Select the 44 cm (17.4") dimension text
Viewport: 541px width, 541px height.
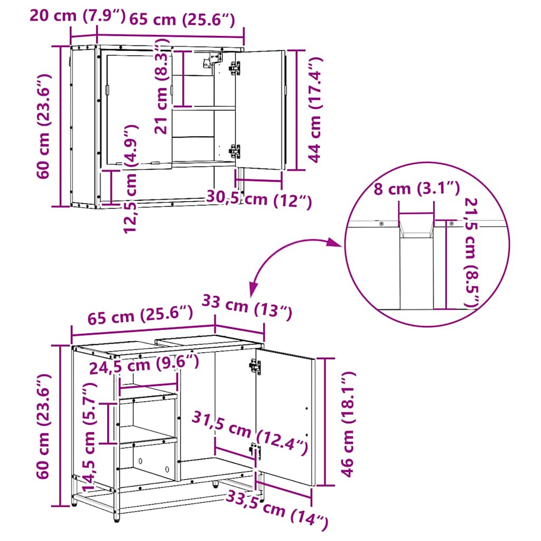click(314, 110)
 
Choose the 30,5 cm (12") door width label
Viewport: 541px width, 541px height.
click(258, 199)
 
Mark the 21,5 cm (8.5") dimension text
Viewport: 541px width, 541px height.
click(471, 253)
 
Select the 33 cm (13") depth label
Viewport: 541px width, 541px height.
click(247, 308)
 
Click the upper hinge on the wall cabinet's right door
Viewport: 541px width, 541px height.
click(234, 68)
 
